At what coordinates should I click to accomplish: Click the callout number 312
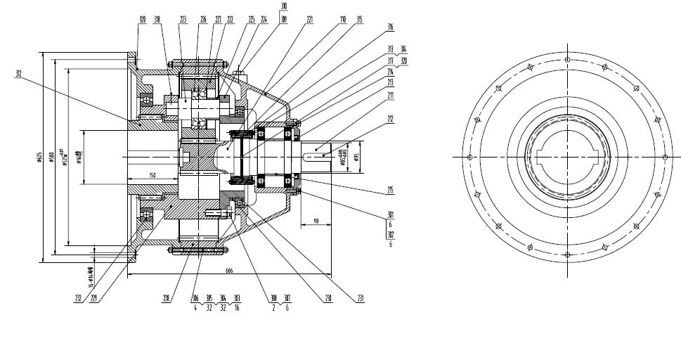[18, 72]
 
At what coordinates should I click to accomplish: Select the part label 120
[143, 20]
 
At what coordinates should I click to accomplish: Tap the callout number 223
[183, 20]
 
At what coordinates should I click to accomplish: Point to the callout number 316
[390, 27]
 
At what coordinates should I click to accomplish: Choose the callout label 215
[390, 190]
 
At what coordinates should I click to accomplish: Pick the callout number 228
[166, 298]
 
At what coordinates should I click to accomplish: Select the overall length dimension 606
[230, 271]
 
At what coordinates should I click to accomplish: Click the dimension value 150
[153, 175]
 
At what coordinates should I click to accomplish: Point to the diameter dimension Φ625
[40, 157]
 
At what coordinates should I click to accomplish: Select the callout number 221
[309, 20]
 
